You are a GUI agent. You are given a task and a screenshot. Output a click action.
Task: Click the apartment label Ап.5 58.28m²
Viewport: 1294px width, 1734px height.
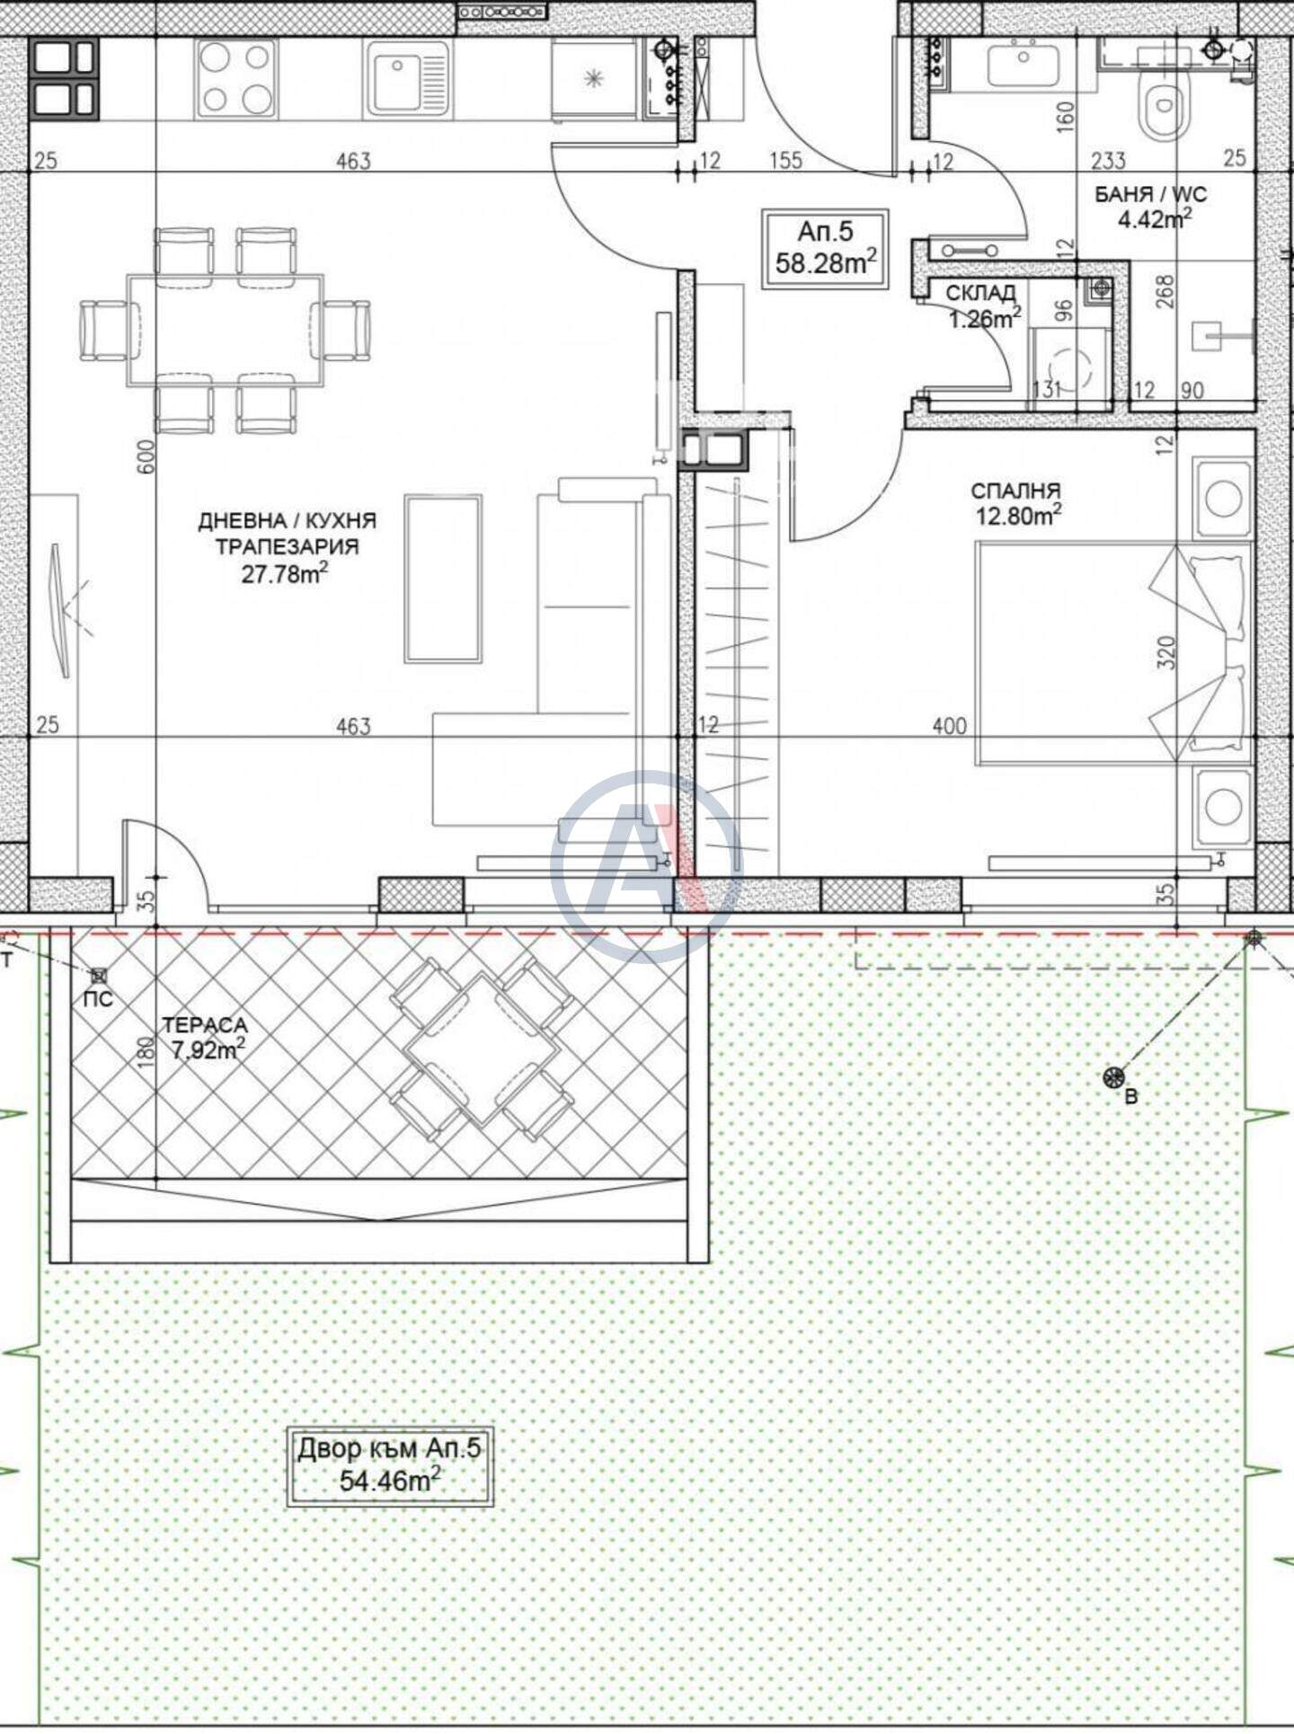tap(825, 249)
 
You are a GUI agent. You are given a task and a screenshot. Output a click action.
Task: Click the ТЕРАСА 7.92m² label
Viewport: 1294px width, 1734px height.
tap(204, 1037)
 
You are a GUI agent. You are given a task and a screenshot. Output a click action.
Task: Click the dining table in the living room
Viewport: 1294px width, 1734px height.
tap(226, 330)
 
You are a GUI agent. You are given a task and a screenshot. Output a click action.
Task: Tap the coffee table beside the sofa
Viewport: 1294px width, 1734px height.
tap(443, 579)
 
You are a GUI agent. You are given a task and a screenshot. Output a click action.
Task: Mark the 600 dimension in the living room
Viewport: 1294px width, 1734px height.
tap(147, 456)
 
